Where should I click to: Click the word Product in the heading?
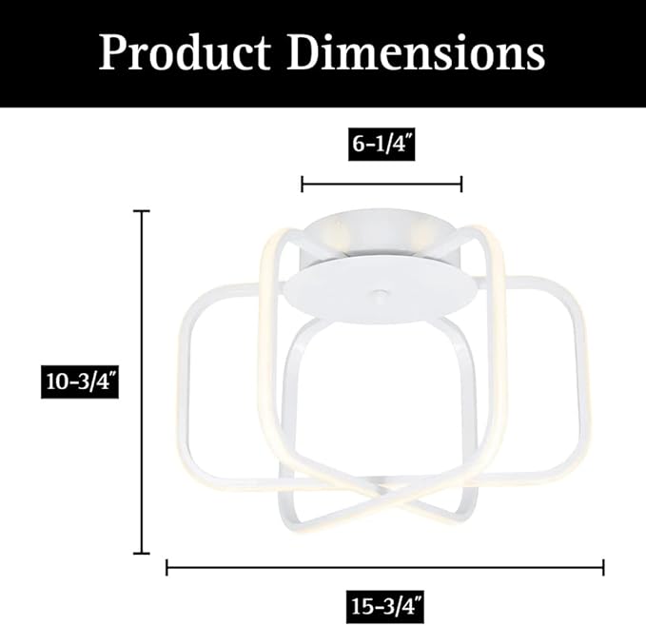tap(185, 52)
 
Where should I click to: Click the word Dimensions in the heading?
tap(416, 52)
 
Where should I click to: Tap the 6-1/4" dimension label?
tap(382, 145)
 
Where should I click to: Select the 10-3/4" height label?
tap(80, 381)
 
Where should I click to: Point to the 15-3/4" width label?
tap(384, 607)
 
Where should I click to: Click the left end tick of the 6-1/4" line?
tap(303, 184)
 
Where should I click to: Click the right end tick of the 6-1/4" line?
tap(461, 184)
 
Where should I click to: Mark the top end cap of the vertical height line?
tap(142, 211)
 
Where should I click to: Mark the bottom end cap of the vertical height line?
tap(142, 554)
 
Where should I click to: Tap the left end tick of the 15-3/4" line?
tap(166, 568)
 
